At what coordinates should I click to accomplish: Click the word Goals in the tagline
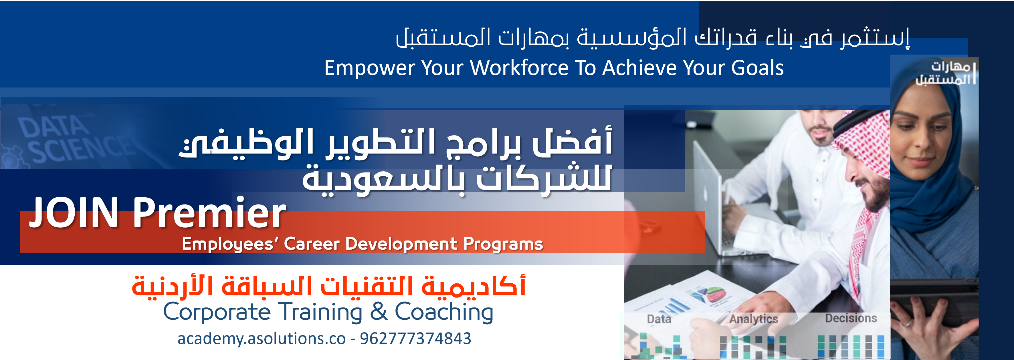click(757, 68)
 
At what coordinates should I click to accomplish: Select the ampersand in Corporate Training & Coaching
click(379, 312)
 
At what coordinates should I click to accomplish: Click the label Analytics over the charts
click(753, 319)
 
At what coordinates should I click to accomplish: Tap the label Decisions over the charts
click(851, 318)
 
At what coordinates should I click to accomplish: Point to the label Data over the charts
click(659, 319)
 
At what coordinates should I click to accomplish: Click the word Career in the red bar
click(311, 244)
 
